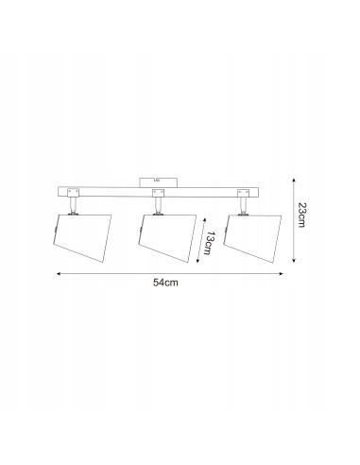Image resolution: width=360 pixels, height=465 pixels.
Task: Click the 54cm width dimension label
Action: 165,283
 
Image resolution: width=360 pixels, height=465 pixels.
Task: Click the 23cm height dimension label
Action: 301,215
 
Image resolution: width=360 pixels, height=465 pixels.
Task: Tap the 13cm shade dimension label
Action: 209,243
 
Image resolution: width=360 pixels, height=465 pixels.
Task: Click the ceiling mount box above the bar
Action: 158,182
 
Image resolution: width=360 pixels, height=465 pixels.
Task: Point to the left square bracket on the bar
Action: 73,193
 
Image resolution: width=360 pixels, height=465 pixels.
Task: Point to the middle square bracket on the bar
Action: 158,193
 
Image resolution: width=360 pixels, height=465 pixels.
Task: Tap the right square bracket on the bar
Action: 243,193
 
